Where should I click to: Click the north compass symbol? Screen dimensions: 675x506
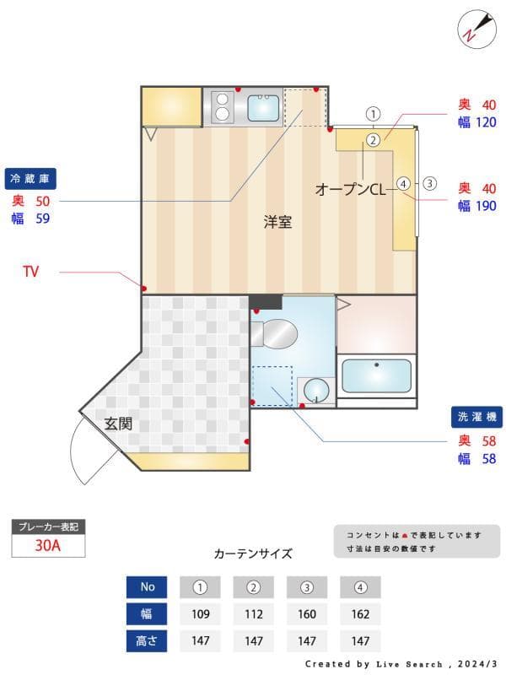point(473,28)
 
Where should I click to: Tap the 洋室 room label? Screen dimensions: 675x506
point(277,223)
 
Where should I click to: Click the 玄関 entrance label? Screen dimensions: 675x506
point(118,424)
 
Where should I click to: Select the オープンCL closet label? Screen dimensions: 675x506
point(350,190)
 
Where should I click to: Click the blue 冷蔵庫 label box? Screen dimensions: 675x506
point(31,179)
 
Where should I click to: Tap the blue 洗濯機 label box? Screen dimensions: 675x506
point(476,418)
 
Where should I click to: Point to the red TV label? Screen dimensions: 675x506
point(31,272)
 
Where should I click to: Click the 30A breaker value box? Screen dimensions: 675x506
point(48,545)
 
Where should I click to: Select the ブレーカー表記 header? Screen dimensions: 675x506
point(48,526)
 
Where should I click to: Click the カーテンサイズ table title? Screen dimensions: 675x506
point(253,553)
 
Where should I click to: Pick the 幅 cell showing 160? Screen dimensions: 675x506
point(307,614)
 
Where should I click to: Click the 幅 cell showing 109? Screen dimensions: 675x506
point(201,614)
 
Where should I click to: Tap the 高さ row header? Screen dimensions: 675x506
point(148,640)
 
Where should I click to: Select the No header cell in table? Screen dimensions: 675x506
point(148,587)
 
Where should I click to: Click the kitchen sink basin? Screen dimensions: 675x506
point(263,107)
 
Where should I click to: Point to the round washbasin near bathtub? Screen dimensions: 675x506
point(316,390)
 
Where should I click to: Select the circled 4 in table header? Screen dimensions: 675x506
point(360,587)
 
